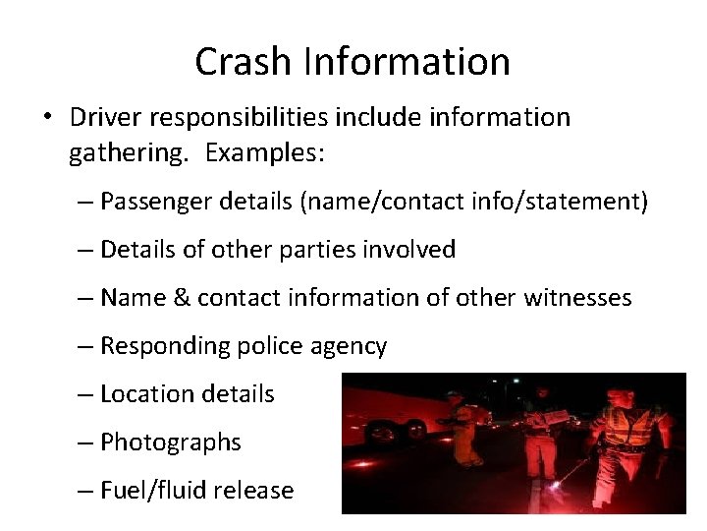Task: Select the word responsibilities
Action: tap(245, 117)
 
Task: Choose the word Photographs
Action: tap(171, 442)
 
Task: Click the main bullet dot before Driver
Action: tap(46, 118)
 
